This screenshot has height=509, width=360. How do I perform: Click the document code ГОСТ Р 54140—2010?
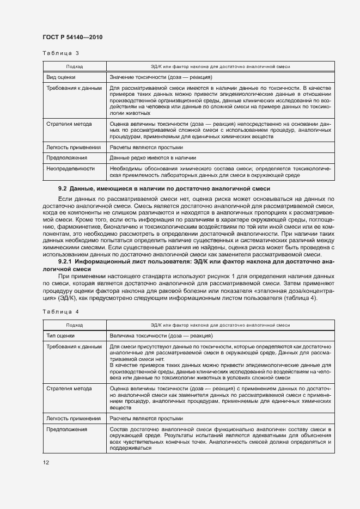click(x=72, y=37)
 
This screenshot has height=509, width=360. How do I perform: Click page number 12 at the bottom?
click(x=46, y=462)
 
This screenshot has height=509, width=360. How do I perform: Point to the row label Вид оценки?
click(x=60, y=77)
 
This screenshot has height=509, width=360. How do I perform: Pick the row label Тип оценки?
click(x=60, y=336)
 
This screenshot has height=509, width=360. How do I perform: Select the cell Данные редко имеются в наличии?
click(x=152, y=158)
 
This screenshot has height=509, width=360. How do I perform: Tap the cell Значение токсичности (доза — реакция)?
click(x=161, y=77)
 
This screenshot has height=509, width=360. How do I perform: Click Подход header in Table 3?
click(x=74, y=66)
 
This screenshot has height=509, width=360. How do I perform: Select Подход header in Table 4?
click(x=74, y=325)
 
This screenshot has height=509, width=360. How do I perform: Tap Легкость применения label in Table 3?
click(x=74, y=147)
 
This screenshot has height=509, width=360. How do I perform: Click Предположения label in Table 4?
click(x=67, y=430)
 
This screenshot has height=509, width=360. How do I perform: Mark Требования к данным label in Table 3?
click(x=74, y=87)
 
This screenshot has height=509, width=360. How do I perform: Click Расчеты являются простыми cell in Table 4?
click(x=147, y=419)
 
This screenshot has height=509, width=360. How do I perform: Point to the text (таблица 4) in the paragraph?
click(x=299, y=298)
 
